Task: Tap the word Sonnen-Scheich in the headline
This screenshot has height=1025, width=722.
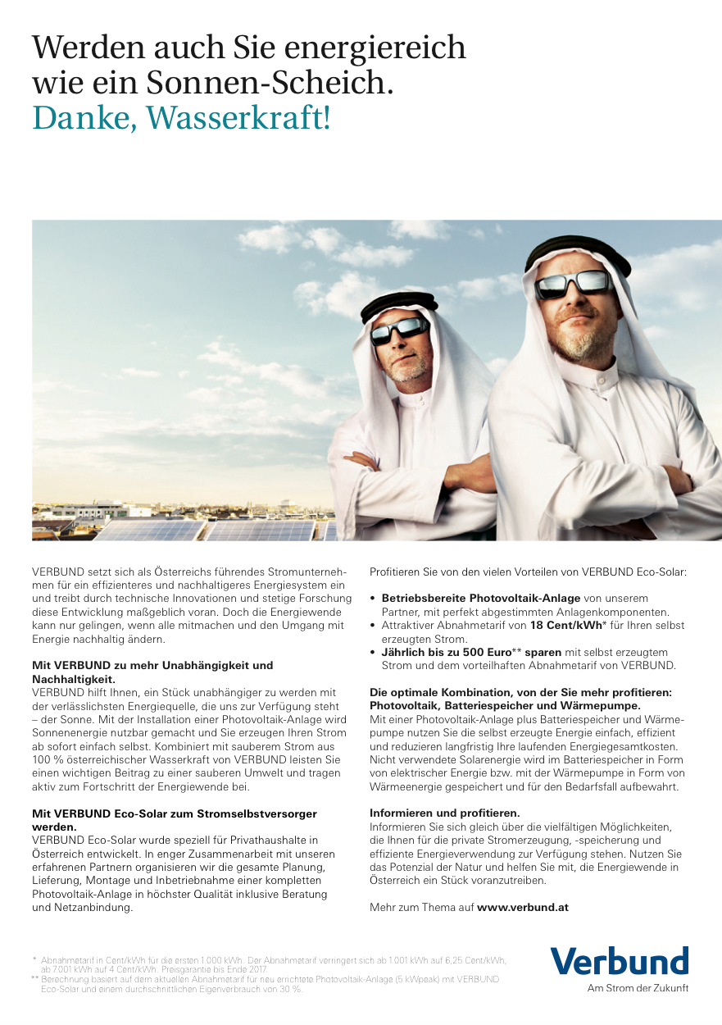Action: pos(266,83)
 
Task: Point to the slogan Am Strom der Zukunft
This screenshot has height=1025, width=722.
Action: pos(638,988)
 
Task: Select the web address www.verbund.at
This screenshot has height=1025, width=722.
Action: pos(522,907)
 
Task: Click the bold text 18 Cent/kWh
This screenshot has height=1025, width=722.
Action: pos(565,625)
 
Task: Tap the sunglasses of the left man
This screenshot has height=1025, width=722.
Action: pos(399,331)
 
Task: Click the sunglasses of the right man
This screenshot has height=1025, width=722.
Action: pos(573,284)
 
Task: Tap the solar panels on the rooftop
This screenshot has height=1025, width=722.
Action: pos(205,530)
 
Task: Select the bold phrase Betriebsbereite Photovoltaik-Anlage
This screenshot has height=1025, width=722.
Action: pos(481,598)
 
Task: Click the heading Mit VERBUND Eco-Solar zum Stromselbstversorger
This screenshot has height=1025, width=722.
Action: pos(174,813)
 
